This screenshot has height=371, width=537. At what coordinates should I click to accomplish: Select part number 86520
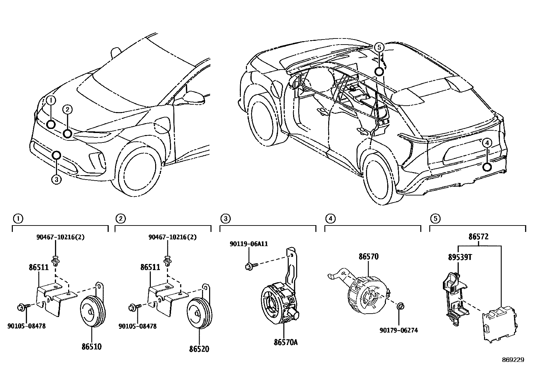coord(199,349)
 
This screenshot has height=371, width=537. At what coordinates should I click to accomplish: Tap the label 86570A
coord(286,343)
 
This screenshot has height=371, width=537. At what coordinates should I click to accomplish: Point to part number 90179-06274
coord(398,330)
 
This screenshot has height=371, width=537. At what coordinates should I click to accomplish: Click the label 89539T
coord(460,257)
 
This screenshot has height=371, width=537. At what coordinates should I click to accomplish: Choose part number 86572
coord(479,237)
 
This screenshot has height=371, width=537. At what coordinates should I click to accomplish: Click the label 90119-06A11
coord(249,243)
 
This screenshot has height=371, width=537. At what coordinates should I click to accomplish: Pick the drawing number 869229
coord(513,360)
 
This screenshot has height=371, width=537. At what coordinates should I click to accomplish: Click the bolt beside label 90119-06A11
coord(250,267)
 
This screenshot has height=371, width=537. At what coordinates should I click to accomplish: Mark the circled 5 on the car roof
coord(379,48)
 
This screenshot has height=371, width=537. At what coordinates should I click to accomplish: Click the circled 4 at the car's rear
coord(486,143)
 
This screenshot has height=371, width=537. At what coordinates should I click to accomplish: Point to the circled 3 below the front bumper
coord(56,180)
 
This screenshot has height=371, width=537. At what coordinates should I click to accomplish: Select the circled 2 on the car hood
coord(67,109)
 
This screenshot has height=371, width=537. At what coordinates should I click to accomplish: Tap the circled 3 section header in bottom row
coord(225,219)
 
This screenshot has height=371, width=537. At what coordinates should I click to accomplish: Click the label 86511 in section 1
coord(38,268)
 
